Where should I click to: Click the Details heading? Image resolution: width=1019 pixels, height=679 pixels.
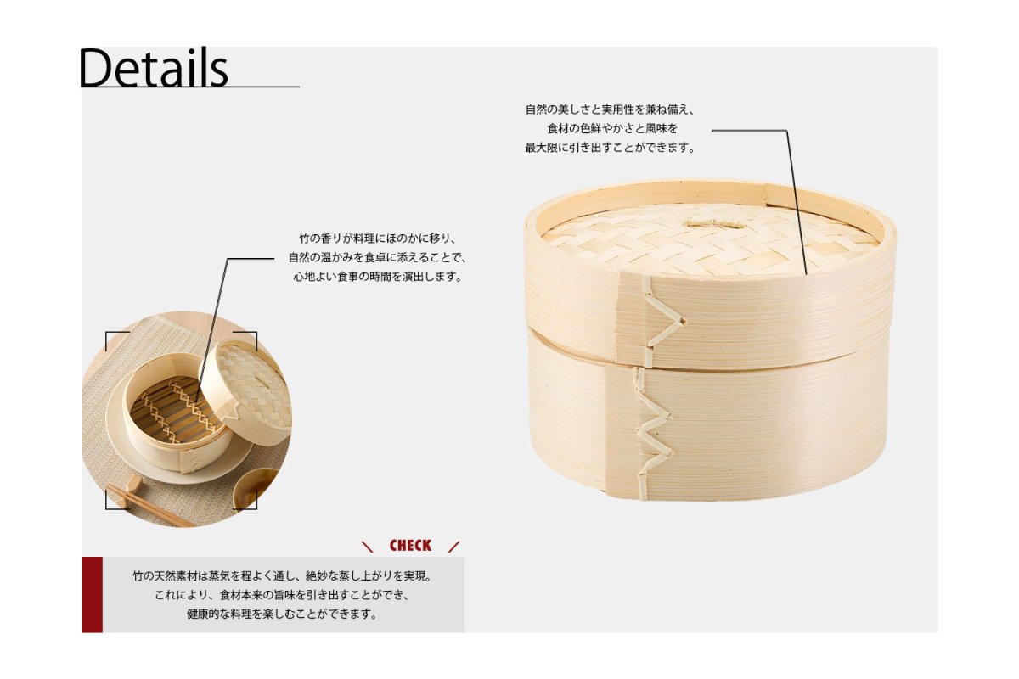[x=154, y=68]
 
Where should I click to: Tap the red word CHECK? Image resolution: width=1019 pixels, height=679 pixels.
[x=410, y=546]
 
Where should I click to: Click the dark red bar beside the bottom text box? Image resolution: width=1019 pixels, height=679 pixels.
[x=92, y=594]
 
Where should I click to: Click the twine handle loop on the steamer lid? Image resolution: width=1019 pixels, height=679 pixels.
[x=715, y=224]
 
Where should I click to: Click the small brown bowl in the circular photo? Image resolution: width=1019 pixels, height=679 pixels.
[x=256, y=489]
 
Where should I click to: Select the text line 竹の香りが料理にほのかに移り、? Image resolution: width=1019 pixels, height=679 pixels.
[x=378, y=238]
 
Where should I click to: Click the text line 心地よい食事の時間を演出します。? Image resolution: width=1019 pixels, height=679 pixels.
[x=378, y=277]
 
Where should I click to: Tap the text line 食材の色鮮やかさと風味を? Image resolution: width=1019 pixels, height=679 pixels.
[x=612, y=129]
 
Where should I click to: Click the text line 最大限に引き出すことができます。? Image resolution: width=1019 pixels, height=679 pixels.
[x=610, y=148]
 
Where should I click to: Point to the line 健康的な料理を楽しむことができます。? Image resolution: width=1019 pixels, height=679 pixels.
[x=282, y=614]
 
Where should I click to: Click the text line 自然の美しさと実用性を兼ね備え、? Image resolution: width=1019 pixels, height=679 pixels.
[x=610, y=109]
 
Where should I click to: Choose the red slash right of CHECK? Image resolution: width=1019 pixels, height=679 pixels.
[x=453, y=547]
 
